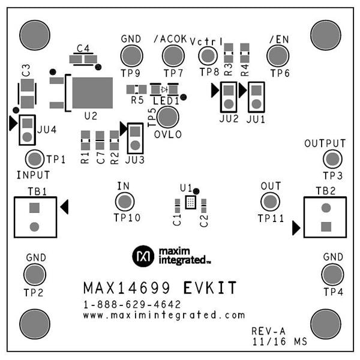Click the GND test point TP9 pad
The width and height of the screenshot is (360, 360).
[x=131, y=56]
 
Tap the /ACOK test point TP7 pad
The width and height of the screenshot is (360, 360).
[x=173, y=56]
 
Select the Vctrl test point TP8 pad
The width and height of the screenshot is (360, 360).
[x=208, y=56]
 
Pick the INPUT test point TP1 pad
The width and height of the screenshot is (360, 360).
[x=35, y=159]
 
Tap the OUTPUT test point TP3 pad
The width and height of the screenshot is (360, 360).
[x=331, y=159]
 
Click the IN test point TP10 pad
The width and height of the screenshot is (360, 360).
[x=124, y=201]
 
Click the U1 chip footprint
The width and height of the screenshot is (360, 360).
[x=190, y=202]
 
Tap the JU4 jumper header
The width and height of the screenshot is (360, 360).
[x=27, y=130]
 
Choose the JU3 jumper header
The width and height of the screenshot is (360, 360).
[x=136, y=137]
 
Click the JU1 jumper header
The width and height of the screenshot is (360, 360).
[x=256, y=97]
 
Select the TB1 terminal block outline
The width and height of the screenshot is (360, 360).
[x=34, y=217]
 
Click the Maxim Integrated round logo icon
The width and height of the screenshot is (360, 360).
[x=143, y=256]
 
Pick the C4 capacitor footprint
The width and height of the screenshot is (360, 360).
[x=83, y=59]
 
